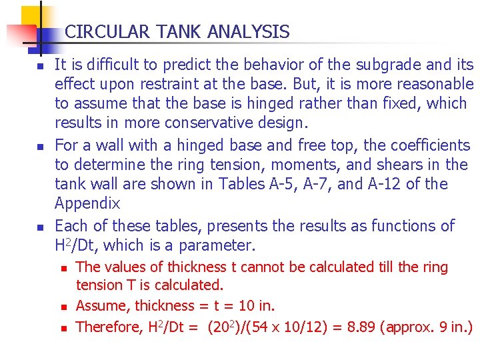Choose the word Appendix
coord(87,203)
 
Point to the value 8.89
coord(367,327)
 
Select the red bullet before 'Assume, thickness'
coord(63,307)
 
